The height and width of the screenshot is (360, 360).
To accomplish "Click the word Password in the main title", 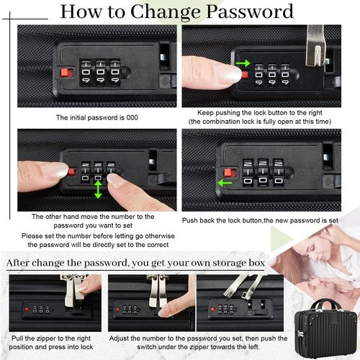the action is click(250, 12).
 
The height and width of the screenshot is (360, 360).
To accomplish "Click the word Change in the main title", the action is click(166, 13).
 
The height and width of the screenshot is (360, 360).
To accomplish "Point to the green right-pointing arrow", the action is click(243, 63).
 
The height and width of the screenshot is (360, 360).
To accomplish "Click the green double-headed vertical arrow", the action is click(98, 189).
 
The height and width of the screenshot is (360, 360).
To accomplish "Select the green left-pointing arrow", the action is click(225, 183).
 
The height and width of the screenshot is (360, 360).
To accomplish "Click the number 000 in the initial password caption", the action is click(132, 117).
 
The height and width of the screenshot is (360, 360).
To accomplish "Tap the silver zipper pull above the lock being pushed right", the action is click(316, 47).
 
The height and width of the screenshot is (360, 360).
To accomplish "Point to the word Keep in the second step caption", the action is click(205, 113).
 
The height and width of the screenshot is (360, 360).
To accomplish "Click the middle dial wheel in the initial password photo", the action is click(100, 72).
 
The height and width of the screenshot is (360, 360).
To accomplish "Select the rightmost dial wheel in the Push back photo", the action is click(279, 172).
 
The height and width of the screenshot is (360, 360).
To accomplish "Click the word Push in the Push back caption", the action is click(190, 220).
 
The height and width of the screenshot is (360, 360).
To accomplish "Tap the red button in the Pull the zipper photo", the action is click(27, 309).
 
